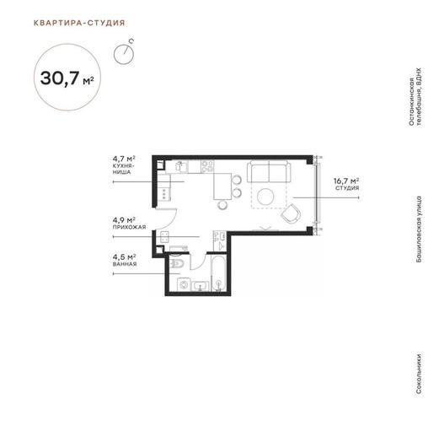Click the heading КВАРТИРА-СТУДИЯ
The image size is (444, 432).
[x=79, y=23]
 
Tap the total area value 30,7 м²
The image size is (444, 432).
[x=67, y=78]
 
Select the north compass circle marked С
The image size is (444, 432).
[x=124, y=54]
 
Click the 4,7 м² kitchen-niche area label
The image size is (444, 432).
[x=124, y=158]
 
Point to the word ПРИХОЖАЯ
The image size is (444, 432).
[x=130, y=227]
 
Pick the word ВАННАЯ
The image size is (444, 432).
[x=125, y=264]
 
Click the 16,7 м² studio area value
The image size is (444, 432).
[x=346, y=181]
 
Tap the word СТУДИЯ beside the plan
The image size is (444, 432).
[x=347, y=188]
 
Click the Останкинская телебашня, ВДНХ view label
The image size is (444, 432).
[x=415, y=97]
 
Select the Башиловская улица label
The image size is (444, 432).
[x=419, y=229]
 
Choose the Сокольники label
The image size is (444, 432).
[x=419, y=374]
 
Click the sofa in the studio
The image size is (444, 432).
[x=269, y=171]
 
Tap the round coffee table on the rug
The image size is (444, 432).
[x=265, y=197]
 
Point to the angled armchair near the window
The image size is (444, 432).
[x=291, y=213]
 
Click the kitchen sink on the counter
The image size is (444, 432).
[x=181, y=166]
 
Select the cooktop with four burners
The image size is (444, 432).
[x=207, y=166]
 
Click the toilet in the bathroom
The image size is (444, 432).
[x=178, y=263]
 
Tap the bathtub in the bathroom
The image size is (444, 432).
[x=218, y=273]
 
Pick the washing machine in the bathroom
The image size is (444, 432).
[x=184, y=284]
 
